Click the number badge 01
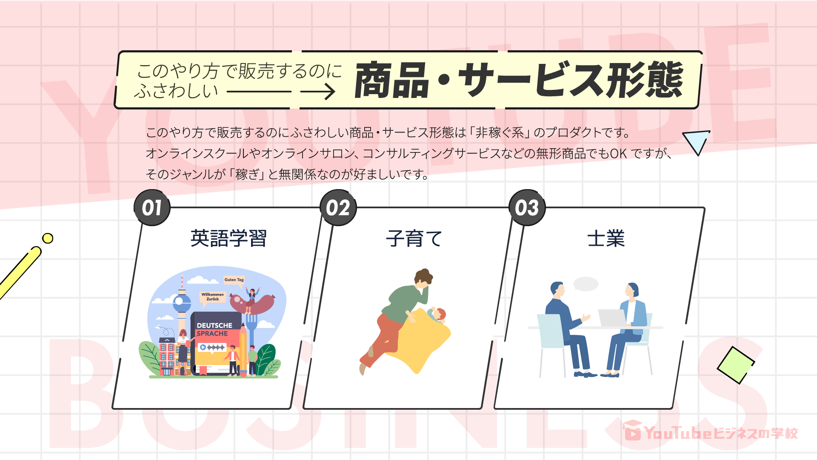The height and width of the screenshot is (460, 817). coord(152,208)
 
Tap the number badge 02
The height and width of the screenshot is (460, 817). coord(338,208)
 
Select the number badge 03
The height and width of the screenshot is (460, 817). coord(527,208)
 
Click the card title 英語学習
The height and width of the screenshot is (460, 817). coord(229,239)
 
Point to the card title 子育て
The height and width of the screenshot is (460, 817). coord(414,239)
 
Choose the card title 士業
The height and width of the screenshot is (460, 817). coord(606,239)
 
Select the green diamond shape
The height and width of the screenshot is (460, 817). coord(736,365)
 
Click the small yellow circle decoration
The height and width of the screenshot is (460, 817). coord(48,238)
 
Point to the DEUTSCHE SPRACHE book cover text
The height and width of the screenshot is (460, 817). coord(214,329)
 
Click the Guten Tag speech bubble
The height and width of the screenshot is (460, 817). coord(234,280)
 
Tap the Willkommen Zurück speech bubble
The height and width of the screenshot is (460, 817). coord(212,297)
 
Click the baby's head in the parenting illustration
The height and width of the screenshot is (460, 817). coord(438,314)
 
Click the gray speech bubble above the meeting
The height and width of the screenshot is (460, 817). coord(586,284)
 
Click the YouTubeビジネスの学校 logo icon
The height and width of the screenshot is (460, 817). coord(633,431)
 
